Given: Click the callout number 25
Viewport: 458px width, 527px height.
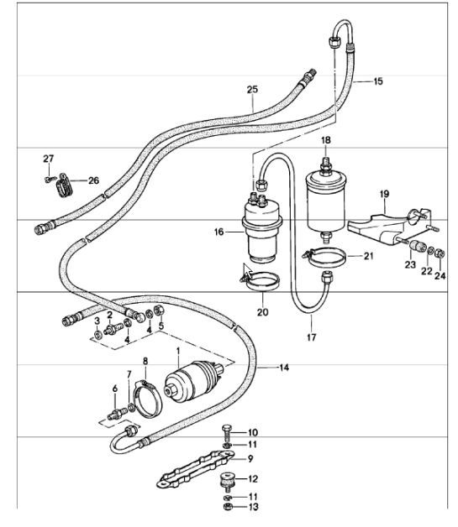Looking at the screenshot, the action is (x=252, y=90).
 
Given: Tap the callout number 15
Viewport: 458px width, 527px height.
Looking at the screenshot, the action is (x=378, y=81).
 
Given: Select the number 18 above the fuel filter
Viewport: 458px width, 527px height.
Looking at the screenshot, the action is (x=326, y=140).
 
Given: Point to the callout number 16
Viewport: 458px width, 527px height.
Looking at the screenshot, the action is (x=218, y=232).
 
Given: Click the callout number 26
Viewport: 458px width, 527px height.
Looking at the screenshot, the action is (x=93, y=180).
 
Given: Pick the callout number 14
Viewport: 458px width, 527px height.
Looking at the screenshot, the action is (x=284, y=368).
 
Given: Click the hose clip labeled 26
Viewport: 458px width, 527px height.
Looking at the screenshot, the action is (x=64, y=185).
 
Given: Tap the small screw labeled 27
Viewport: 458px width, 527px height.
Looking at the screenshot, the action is (x=49, y=180).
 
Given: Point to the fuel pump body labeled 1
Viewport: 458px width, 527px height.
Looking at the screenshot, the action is (x=194, y=381).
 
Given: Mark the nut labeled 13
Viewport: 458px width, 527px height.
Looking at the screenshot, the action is (x=228, y=507).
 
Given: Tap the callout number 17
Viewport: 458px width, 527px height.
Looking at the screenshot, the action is (x=311, y=337).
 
